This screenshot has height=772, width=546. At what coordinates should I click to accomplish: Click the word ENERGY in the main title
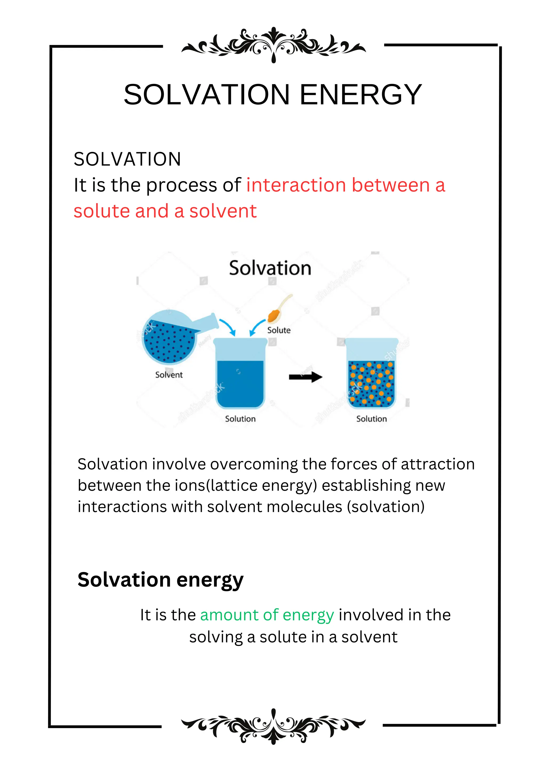pyautogui.click(x=360, y=95)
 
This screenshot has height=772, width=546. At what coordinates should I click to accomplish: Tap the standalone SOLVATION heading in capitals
pyautogui.click(x=127, y=159)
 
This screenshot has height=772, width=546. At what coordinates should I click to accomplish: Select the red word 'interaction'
pyautogui.click(x=296, y=185)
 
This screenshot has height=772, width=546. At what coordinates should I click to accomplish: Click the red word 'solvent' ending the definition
pyautogui.click(x=223, y=211)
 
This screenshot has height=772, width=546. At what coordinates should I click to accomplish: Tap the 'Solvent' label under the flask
pyautogui.click(x=169, y=375)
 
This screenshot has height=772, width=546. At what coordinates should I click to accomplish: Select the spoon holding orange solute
pyautogui.click(x=278, y=309)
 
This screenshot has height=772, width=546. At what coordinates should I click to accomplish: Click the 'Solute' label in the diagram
pyautogui.click(x=279, y=330)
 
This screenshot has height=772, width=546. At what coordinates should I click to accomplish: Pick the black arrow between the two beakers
pyautogui.click(x=305, y=377)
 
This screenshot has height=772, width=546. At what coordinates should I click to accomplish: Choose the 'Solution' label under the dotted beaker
pyautogui.click(x=371, y=419)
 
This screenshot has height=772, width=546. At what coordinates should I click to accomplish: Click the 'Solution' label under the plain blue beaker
pyautogui.click(x=240, y=419)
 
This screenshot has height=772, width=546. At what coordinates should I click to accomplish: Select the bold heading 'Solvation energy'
pyautogui.click(x=160, y=580)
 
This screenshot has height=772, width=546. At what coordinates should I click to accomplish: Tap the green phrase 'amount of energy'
pyautogui.click(x=267, y=615)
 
